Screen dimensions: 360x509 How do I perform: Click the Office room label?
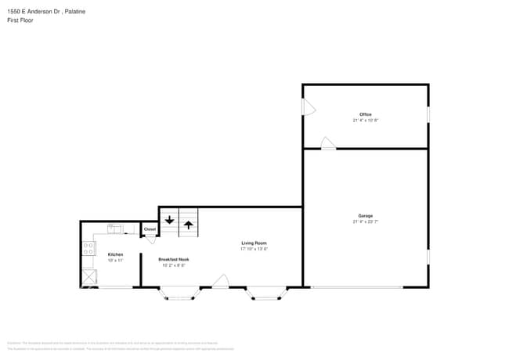coord(365,115)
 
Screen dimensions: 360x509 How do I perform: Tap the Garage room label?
coord(365,215)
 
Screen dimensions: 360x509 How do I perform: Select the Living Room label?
coord(254,243)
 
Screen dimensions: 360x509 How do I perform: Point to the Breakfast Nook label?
coord(173,259)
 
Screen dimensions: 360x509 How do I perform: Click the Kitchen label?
coord(115,254)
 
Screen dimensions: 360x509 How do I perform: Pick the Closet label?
coord(150,229)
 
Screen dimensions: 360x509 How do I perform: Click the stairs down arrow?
coord(169,221)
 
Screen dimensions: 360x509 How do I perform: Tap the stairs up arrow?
coord(189,225)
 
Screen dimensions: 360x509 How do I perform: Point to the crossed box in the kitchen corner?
coord(87,278)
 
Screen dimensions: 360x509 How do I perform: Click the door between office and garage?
coord(328,142)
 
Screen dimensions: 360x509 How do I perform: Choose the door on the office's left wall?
coord(309,108)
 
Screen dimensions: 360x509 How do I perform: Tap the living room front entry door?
coord(222,281)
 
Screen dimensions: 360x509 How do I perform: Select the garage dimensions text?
coord(365,221)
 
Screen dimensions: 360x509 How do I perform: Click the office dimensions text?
coord(365,121)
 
